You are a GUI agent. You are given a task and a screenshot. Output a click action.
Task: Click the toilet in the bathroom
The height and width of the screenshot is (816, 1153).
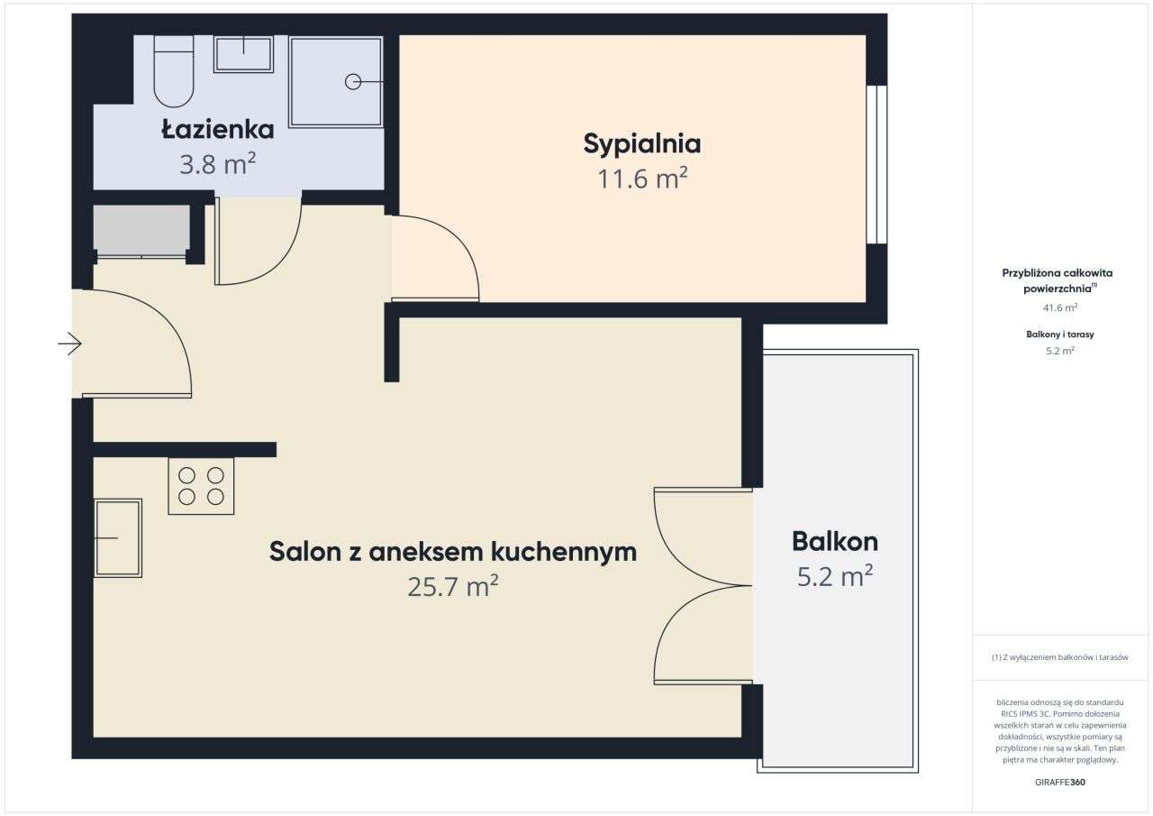click(x=174, y=74)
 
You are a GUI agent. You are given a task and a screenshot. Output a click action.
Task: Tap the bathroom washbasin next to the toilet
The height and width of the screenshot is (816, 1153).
click(x=243, y=54)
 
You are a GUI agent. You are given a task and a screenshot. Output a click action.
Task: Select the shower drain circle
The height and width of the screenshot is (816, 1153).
click(x=352, y=82)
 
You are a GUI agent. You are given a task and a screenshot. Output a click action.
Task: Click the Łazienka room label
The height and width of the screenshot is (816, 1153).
click(x=218, y=130)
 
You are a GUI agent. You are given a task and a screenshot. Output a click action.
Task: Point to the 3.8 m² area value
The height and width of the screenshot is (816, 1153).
click(x=218, y=164)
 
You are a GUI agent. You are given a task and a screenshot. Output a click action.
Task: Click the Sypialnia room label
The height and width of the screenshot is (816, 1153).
click(x=642, y=143)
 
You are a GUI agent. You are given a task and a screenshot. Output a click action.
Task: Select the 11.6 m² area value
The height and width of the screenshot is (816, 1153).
click(x=642, y=179)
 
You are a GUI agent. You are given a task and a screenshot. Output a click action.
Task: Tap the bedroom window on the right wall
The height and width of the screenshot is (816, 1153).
click(x=876, y=164)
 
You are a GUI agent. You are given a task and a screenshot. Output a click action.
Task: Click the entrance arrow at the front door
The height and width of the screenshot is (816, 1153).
click(x=71, y=344)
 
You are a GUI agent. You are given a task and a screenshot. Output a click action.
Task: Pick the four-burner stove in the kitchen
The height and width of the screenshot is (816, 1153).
click(x=201, y=486)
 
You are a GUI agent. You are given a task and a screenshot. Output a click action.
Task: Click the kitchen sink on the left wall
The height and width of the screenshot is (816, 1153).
click(x=118, y=537)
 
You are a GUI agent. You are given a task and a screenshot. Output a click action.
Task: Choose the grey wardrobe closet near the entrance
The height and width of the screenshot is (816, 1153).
click(x=141, y=229)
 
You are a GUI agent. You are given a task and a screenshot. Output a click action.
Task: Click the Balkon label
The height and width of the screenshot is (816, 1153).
click(x=835, y=542)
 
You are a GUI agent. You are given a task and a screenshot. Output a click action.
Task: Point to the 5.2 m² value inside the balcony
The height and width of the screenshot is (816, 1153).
click(x=835, y=576)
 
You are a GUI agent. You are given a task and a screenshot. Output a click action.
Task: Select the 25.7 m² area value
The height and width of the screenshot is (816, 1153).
click(x=453, y=587)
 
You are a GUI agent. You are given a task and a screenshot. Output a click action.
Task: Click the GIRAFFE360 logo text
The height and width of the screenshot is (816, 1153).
click(x=1059, y=782)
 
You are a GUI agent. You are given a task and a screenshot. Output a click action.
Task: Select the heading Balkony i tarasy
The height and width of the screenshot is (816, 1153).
click(x=1059, y=335)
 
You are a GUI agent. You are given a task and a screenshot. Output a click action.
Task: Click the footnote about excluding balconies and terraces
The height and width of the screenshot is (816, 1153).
click(x=1059, y=657)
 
